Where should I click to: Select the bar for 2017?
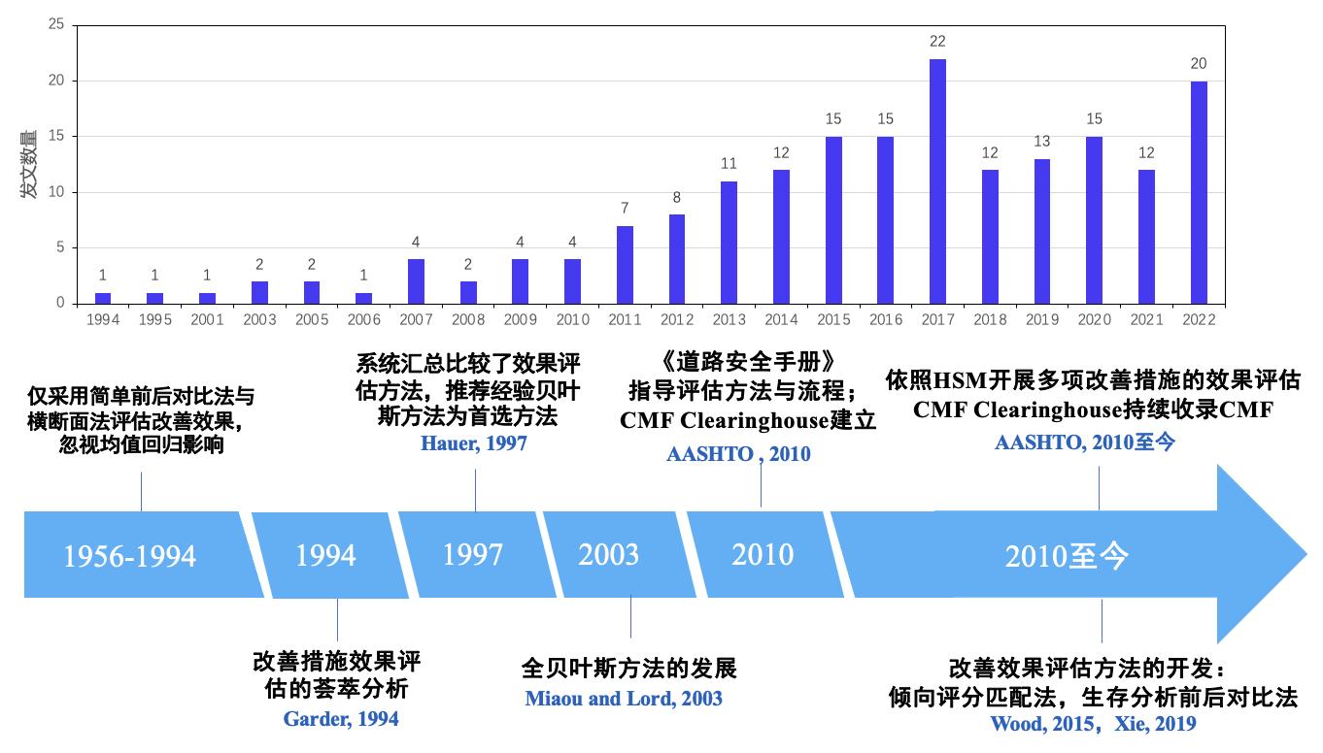point(937,181)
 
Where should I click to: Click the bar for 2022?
point(1199,192)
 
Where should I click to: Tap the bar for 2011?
point(625,265)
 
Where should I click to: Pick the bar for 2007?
point(416,281)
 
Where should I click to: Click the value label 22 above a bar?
point(937,42)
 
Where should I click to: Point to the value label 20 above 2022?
point(1199,64)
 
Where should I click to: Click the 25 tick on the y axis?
point(56,25)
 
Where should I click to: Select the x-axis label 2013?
point(729,320)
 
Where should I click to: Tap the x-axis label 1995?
point(154,320)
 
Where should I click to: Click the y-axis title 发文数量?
point(30,164)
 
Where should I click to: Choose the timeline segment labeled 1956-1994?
point(130,556)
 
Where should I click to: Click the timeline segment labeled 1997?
point(473,554)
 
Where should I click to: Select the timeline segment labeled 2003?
point(609,554)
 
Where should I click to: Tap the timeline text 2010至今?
point(1068,556)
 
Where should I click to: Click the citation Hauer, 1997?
point(474,443)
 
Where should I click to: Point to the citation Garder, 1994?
point(341,719)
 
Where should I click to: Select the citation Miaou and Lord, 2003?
point(624,699)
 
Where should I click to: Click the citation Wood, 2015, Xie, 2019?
point(1093,724)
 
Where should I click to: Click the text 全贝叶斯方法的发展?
point(629,669)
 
